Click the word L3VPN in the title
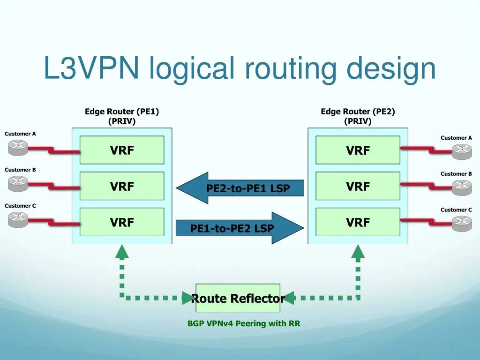(x=91, y=68)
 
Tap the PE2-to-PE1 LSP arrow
(x=240, y=188)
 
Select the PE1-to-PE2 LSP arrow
(x=240, y=228)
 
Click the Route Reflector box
(x=238, y=298)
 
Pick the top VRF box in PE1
(x=122, y=150)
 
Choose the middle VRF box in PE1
(x=122, y=186)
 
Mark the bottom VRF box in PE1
(x=122, y=222)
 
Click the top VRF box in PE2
(x=358, y=150)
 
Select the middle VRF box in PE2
(x=358, y=186)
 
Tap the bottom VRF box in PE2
(x=358, y=222)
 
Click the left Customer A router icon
(x=18, y=148)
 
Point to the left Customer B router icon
(x=18, y=183)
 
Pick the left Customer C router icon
(x=18, y=219)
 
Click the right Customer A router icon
(x=462, y=151)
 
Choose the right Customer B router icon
(x=462, y=187)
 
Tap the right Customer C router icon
(x=462, y=224)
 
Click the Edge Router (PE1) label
(x=122, y=112)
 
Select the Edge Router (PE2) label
(x=358, y=112)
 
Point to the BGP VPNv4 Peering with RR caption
(x=244, y=323)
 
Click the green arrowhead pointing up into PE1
(x=122, y=252)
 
